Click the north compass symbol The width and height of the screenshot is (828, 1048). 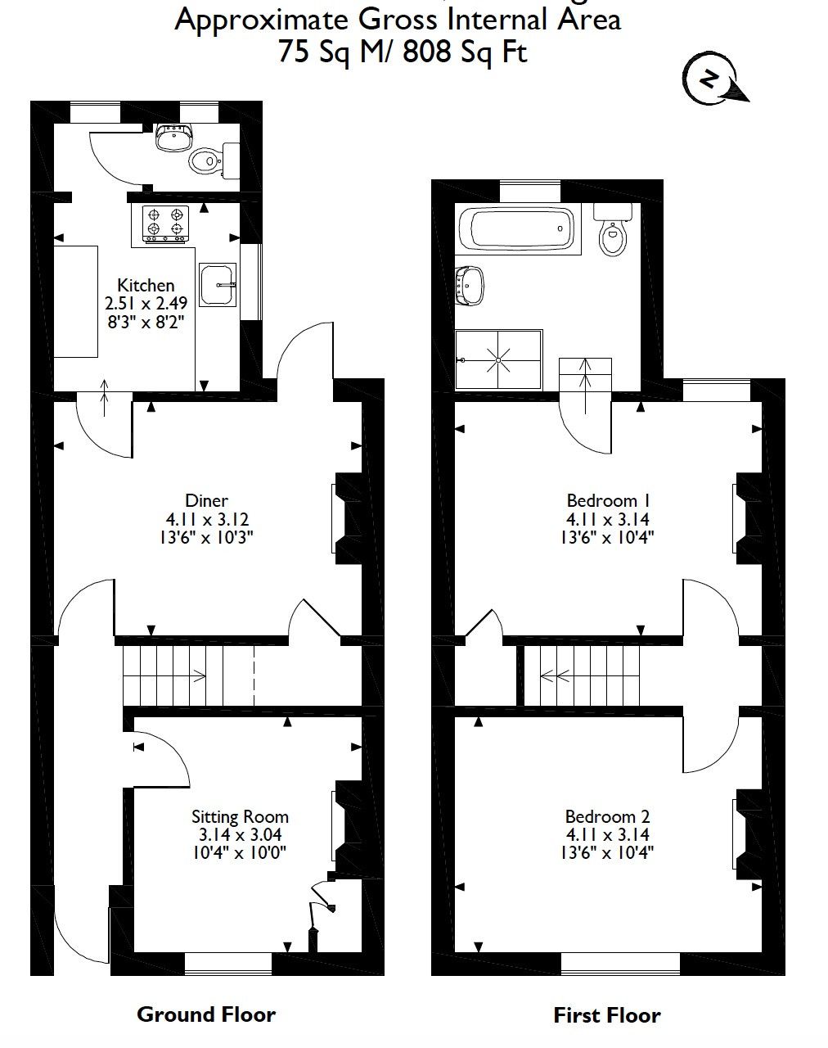710,80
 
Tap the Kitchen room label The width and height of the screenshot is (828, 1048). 146,285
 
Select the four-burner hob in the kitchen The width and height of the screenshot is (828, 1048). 166,223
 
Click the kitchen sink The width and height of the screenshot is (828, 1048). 218,285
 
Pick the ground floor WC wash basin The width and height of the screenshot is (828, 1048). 173,138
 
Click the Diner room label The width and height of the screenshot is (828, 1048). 206,500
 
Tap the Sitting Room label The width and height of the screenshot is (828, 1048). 240,816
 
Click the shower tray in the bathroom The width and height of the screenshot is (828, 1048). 498,359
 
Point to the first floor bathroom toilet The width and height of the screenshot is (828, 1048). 612,233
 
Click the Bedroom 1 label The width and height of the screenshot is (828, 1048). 608,500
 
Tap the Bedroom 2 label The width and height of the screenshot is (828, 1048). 607,816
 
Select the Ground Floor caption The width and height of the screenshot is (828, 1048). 206,1014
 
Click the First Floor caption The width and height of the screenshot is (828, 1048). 606,1016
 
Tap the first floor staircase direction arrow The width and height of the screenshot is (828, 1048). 556,675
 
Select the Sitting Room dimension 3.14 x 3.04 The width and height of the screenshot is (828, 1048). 240,834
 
